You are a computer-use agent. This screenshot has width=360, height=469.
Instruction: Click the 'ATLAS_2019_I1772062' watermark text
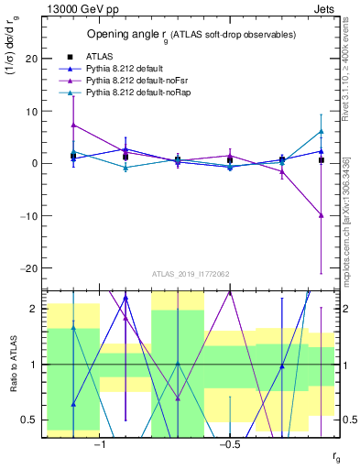[x=190, y=273]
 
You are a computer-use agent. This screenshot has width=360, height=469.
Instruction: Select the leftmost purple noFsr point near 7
[x=73, y=125]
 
